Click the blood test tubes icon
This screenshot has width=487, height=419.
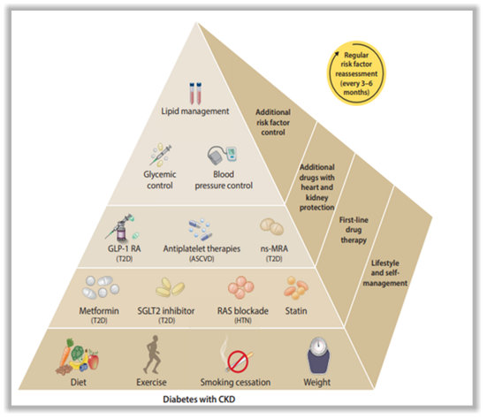coord(195,93)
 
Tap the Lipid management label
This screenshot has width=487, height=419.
coord(195,111)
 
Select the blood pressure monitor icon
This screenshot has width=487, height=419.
coord(222,156)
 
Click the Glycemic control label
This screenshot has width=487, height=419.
coord(160,179)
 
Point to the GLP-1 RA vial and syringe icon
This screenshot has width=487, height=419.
coord(122,228)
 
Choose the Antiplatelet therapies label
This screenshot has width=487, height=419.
coord(202,248)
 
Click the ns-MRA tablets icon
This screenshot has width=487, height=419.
coord(271,226)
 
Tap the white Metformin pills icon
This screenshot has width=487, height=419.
coord(101,287)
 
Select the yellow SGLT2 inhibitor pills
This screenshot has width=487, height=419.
coord(170,287)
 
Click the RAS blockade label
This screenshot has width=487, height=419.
coord(243,311)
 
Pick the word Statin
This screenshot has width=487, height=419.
coord(296,311)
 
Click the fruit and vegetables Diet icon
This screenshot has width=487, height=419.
coord(77,356)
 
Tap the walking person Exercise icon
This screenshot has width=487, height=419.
coord(152,354)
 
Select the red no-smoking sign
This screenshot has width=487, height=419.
coord(238,362)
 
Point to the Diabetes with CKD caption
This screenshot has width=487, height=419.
coord(199,400)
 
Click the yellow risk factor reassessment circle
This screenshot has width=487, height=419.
coord(356,73)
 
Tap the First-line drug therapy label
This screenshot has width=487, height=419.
coord(354,230)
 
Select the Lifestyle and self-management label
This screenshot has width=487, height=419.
coord(385,273)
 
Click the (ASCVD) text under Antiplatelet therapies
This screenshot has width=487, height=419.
coord(202,258)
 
